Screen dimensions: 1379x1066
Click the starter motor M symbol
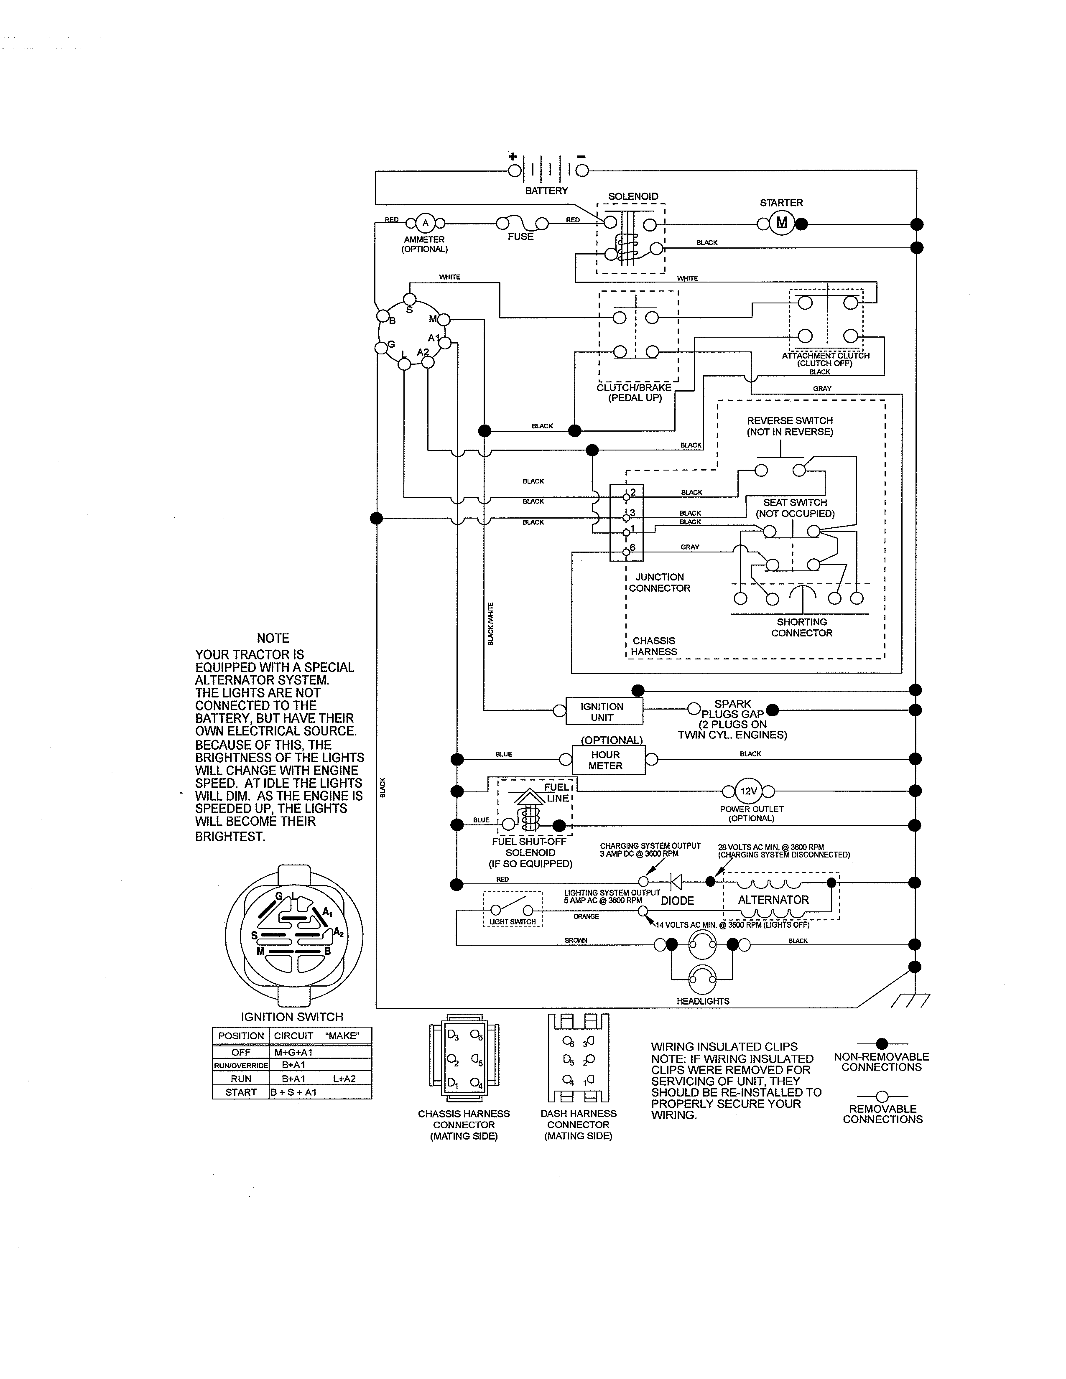coord(782,223)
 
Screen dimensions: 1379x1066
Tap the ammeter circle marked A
coord(425,223)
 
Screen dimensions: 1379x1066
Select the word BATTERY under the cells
coord(546,191)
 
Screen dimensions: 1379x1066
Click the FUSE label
coord(520,237)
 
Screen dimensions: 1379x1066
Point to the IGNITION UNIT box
coord(602,712)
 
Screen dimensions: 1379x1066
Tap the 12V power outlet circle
coord(749,791)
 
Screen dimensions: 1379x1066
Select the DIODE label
coord(677,901)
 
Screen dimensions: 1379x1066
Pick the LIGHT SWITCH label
coord(512,922)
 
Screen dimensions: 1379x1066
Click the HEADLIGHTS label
coord(703,1001)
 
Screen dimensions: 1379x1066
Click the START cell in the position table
coord(241,1092)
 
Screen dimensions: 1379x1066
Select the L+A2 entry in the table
coord(344,1079)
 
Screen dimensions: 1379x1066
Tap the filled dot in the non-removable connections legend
coord(882,1044)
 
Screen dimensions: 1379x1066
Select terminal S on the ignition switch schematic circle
coord(410,299)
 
